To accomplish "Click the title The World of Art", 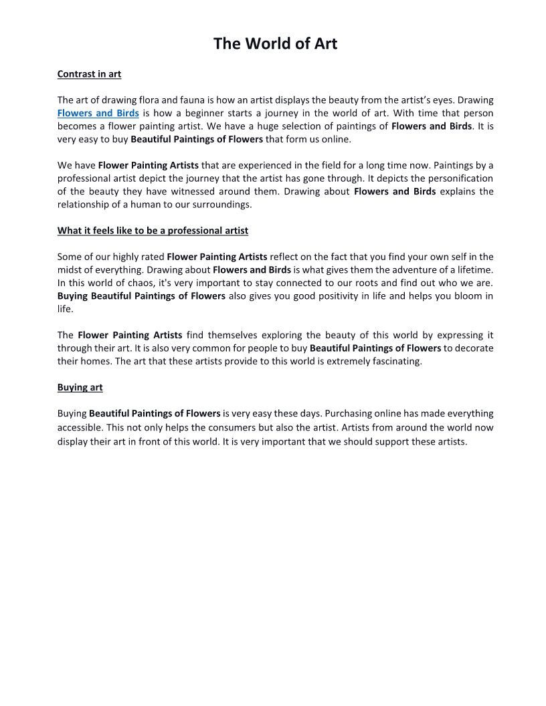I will pos(275,44).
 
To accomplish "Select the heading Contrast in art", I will pos(89,74).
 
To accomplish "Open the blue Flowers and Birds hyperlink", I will pos(98,113).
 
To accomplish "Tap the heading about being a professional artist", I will pos(153,231).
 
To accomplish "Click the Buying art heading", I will pos(80,388).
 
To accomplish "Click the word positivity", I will pos(317,296).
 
